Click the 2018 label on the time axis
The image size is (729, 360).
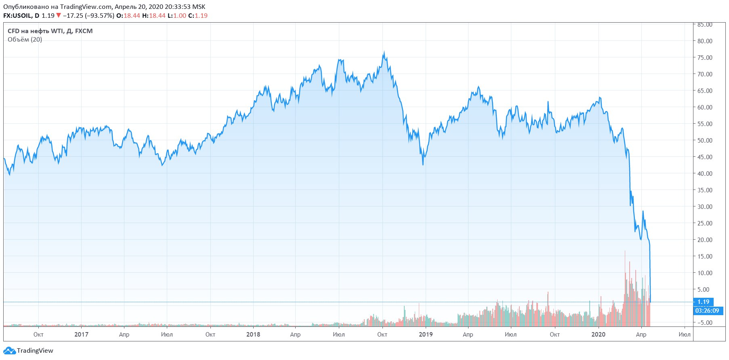point(253,335)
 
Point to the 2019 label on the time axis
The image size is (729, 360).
point(426,335)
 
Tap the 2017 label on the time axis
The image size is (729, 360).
point(81,335)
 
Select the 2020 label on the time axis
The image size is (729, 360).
point(598,335)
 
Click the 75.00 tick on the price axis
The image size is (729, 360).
point(705,58)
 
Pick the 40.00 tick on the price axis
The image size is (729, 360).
point(705,174)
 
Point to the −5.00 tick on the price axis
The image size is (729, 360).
point(705,323)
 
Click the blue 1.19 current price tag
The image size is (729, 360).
point(703,302)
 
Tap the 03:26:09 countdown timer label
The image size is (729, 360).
point(707,311)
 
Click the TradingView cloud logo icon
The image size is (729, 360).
point(9,351)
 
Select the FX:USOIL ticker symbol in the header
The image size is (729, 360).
point(18,16)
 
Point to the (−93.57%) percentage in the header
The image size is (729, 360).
point(99,16)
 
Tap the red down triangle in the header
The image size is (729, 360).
point(59,16)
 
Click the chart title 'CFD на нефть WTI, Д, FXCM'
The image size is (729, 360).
point(50,31)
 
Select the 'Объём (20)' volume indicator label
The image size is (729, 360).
point(25,40)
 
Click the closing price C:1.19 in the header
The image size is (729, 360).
point(198,16)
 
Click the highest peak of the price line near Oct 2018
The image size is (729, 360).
point(384,52)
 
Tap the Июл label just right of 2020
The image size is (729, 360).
point(684,335)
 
